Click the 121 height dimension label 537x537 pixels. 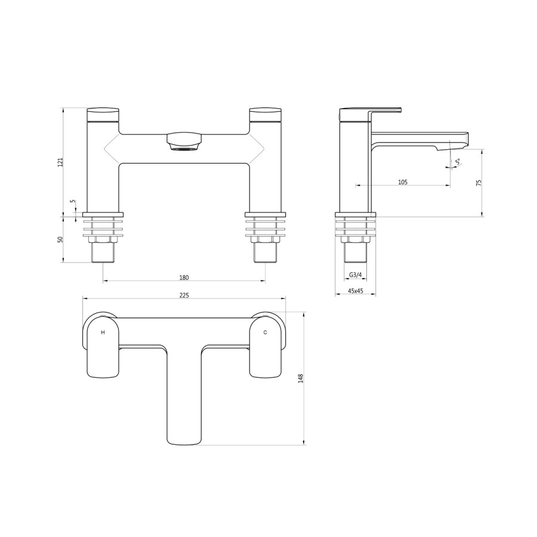pos(60,162)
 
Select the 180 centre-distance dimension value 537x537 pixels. pos(184,277)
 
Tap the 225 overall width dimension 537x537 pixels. pos(184,295)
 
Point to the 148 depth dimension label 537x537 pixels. pos(301,379)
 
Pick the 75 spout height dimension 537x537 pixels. pos(479,183)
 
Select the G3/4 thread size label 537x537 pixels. pos(354,275)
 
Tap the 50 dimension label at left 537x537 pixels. pos(60,239)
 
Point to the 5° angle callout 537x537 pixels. pos(457,162)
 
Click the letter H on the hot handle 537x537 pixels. pos(103,332)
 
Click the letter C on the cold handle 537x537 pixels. pos(265,332)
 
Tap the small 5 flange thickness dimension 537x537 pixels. pos(73,202)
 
